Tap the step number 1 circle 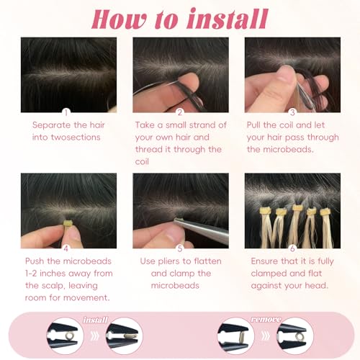click(x=66, y=112)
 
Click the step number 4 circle click(x=66, y=246)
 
